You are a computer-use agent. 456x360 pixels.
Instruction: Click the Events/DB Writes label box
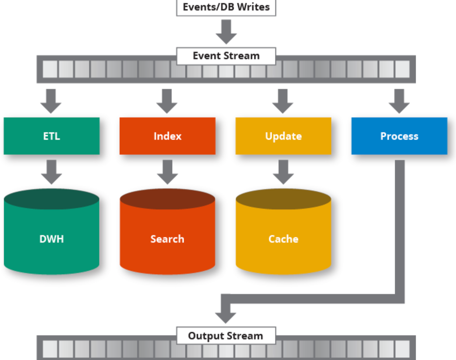click(226, 7)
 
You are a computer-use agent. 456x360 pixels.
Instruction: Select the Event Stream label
click(226, 56)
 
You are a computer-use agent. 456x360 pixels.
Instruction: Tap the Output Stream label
click(226, 336)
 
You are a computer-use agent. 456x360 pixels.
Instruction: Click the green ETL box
click(51, 136)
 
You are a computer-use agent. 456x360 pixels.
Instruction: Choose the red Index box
click(167, 136)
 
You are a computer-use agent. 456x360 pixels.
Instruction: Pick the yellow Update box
click(283, 136)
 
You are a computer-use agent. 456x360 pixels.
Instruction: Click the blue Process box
click(399, 136)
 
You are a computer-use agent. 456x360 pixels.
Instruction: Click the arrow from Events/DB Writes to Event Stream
click(226, 32)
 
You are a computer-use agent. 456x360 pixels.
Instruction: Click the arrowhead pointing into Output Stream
click(226, 317)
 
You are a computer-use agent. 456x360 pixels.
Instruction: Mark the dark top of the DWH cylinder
click(51, 199)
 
